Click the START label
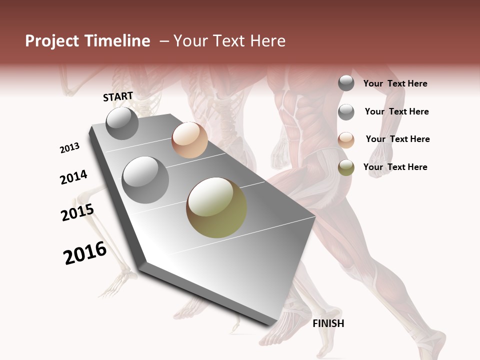pyautogui.click(x=118, y=96)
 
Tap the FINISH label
pyautogui.click(x=328, y=323)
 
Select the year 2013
pyautogui.click(x=70, y=148)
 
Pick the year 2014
pyautogui.click(x=74, y=177)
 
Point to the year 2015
pyautogui.click(x=77, y=212)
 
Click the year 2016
pyautogui.click(x=85, y=253)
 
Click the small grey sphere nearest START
pyautogui.click(x=122, y=123)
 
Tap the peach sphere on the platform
pyautogui.click(x=189, y=140)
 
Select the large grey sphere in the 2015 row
pyautogui.click(x=145, y=179)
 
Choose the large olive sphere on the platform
pyautogui.click(x=216, y=207)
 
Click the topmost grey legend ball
pyautogui.click(x=346, y=83)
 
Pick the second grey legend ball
pyautogui.click(x=346, y=112)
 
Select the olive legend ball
pyautogui.click(x=346, y=167)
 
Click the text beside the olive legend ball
pyautogui.click(x=395, y=167)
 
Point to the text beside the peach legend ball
pyautogui.click(x=397, y=139)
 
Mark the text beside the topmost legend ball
pyautogui.click(x=395, y=83)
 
